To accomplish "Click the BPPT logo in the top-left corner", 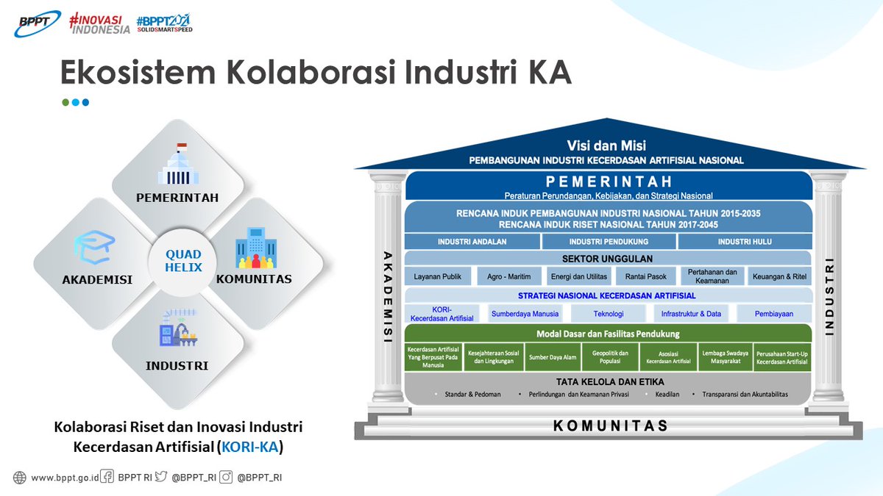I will [37, 24].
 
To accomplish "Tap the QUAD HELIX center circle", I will [183, 261].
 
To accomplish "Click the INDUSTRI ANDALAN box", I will [472, 242].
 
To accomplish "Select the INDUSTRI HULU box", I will [745, 242].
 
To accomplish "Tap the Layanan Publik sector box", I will [437, 276].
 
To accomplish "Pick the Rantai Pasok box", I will [640, 276].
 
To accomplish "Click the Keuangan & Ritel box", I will [779, 276].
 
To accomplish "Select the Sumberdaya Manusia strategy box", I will [525, 314].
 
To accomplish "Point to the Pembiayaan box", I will [773, 314].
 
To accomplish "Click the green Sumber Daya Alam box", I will [552, 357].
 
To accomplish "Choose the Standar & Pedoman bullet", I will [472, 395].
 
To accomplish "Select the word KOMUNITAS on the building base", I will [610, 425].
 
